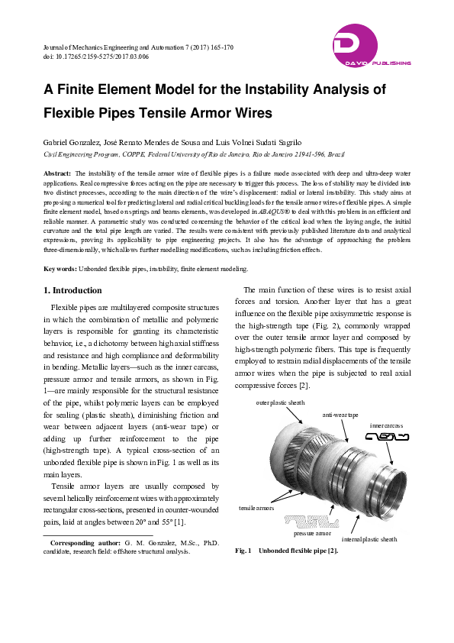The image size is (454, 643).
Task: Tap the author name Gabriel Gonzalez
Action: pos(72,142)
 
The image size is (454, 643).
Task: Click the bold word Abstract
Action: pos(57,174)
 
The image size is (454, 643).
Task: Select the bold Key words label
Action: pos(60,247)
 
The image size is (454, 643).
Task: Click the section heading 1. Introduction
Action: pos(72,269)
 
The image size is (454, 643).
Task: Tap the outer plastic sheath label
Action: pos(279,402)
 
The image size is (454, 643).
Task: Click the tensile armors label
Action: pos(256,507)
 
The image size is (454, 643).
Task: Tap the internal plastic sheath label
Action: pos(369,539)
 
